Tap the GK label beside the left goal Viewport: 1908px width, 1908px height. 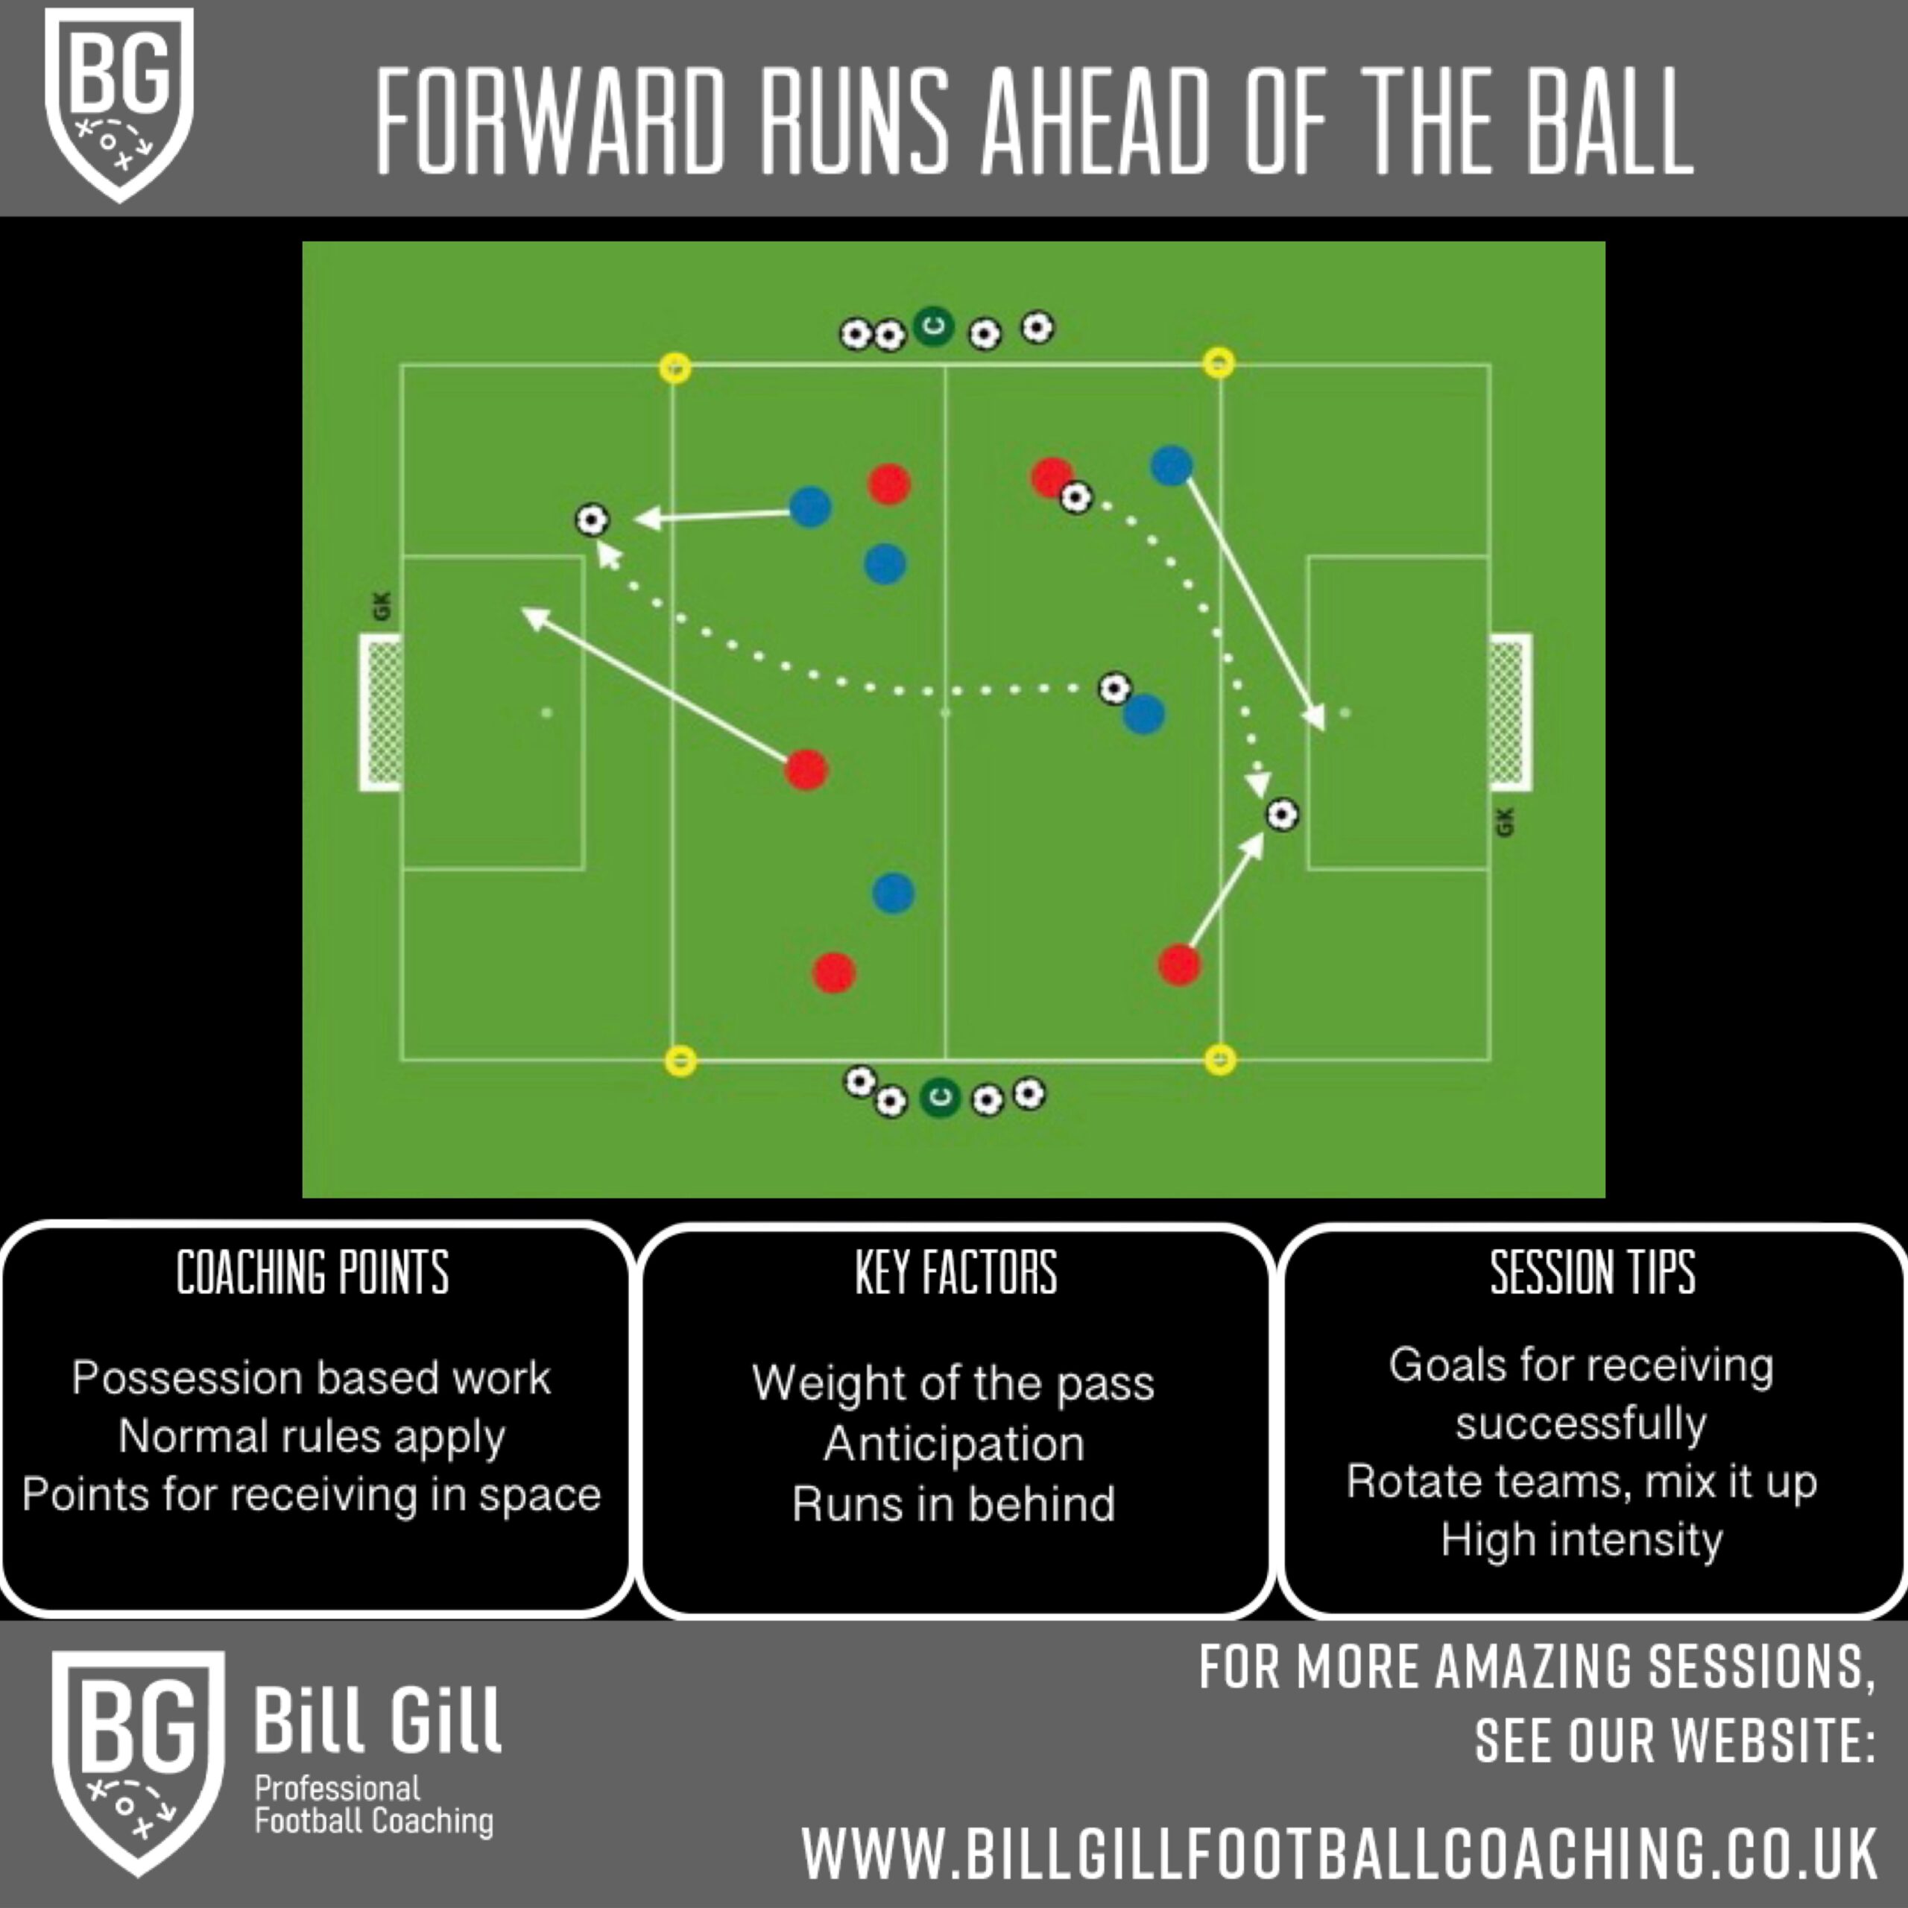[383, 605]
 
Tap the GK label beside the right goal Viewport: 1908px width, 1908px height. [1504, 821]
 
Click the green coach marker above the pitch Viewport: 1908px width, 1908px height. [933, 326]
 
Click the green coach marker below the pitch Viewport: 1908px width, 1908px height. [939, 1097]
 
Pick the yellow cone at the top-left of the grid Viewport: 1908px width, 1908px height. [675, 367]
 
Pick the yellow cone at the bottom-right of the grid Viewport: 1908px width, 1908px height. [1221, 1060]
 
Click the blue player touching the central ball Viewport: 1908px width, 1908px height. [1143, 713]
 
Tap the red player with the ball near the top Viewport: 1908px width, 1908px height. [1051, 477]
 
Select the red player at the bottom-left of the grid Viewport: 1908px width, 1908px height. [833, 973]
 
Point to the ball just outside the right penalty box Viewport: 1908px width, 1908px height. [1282, 815]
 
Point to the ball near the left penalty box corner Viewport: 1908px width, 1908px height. [593, 519]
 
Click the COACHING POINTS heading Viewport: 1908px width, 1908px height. [313, 1272]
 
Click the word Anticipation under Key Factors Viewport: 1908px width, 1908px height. [954, 1443]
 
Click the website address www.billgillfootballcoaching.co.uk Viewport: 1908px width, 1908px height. [1339, 1853]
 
